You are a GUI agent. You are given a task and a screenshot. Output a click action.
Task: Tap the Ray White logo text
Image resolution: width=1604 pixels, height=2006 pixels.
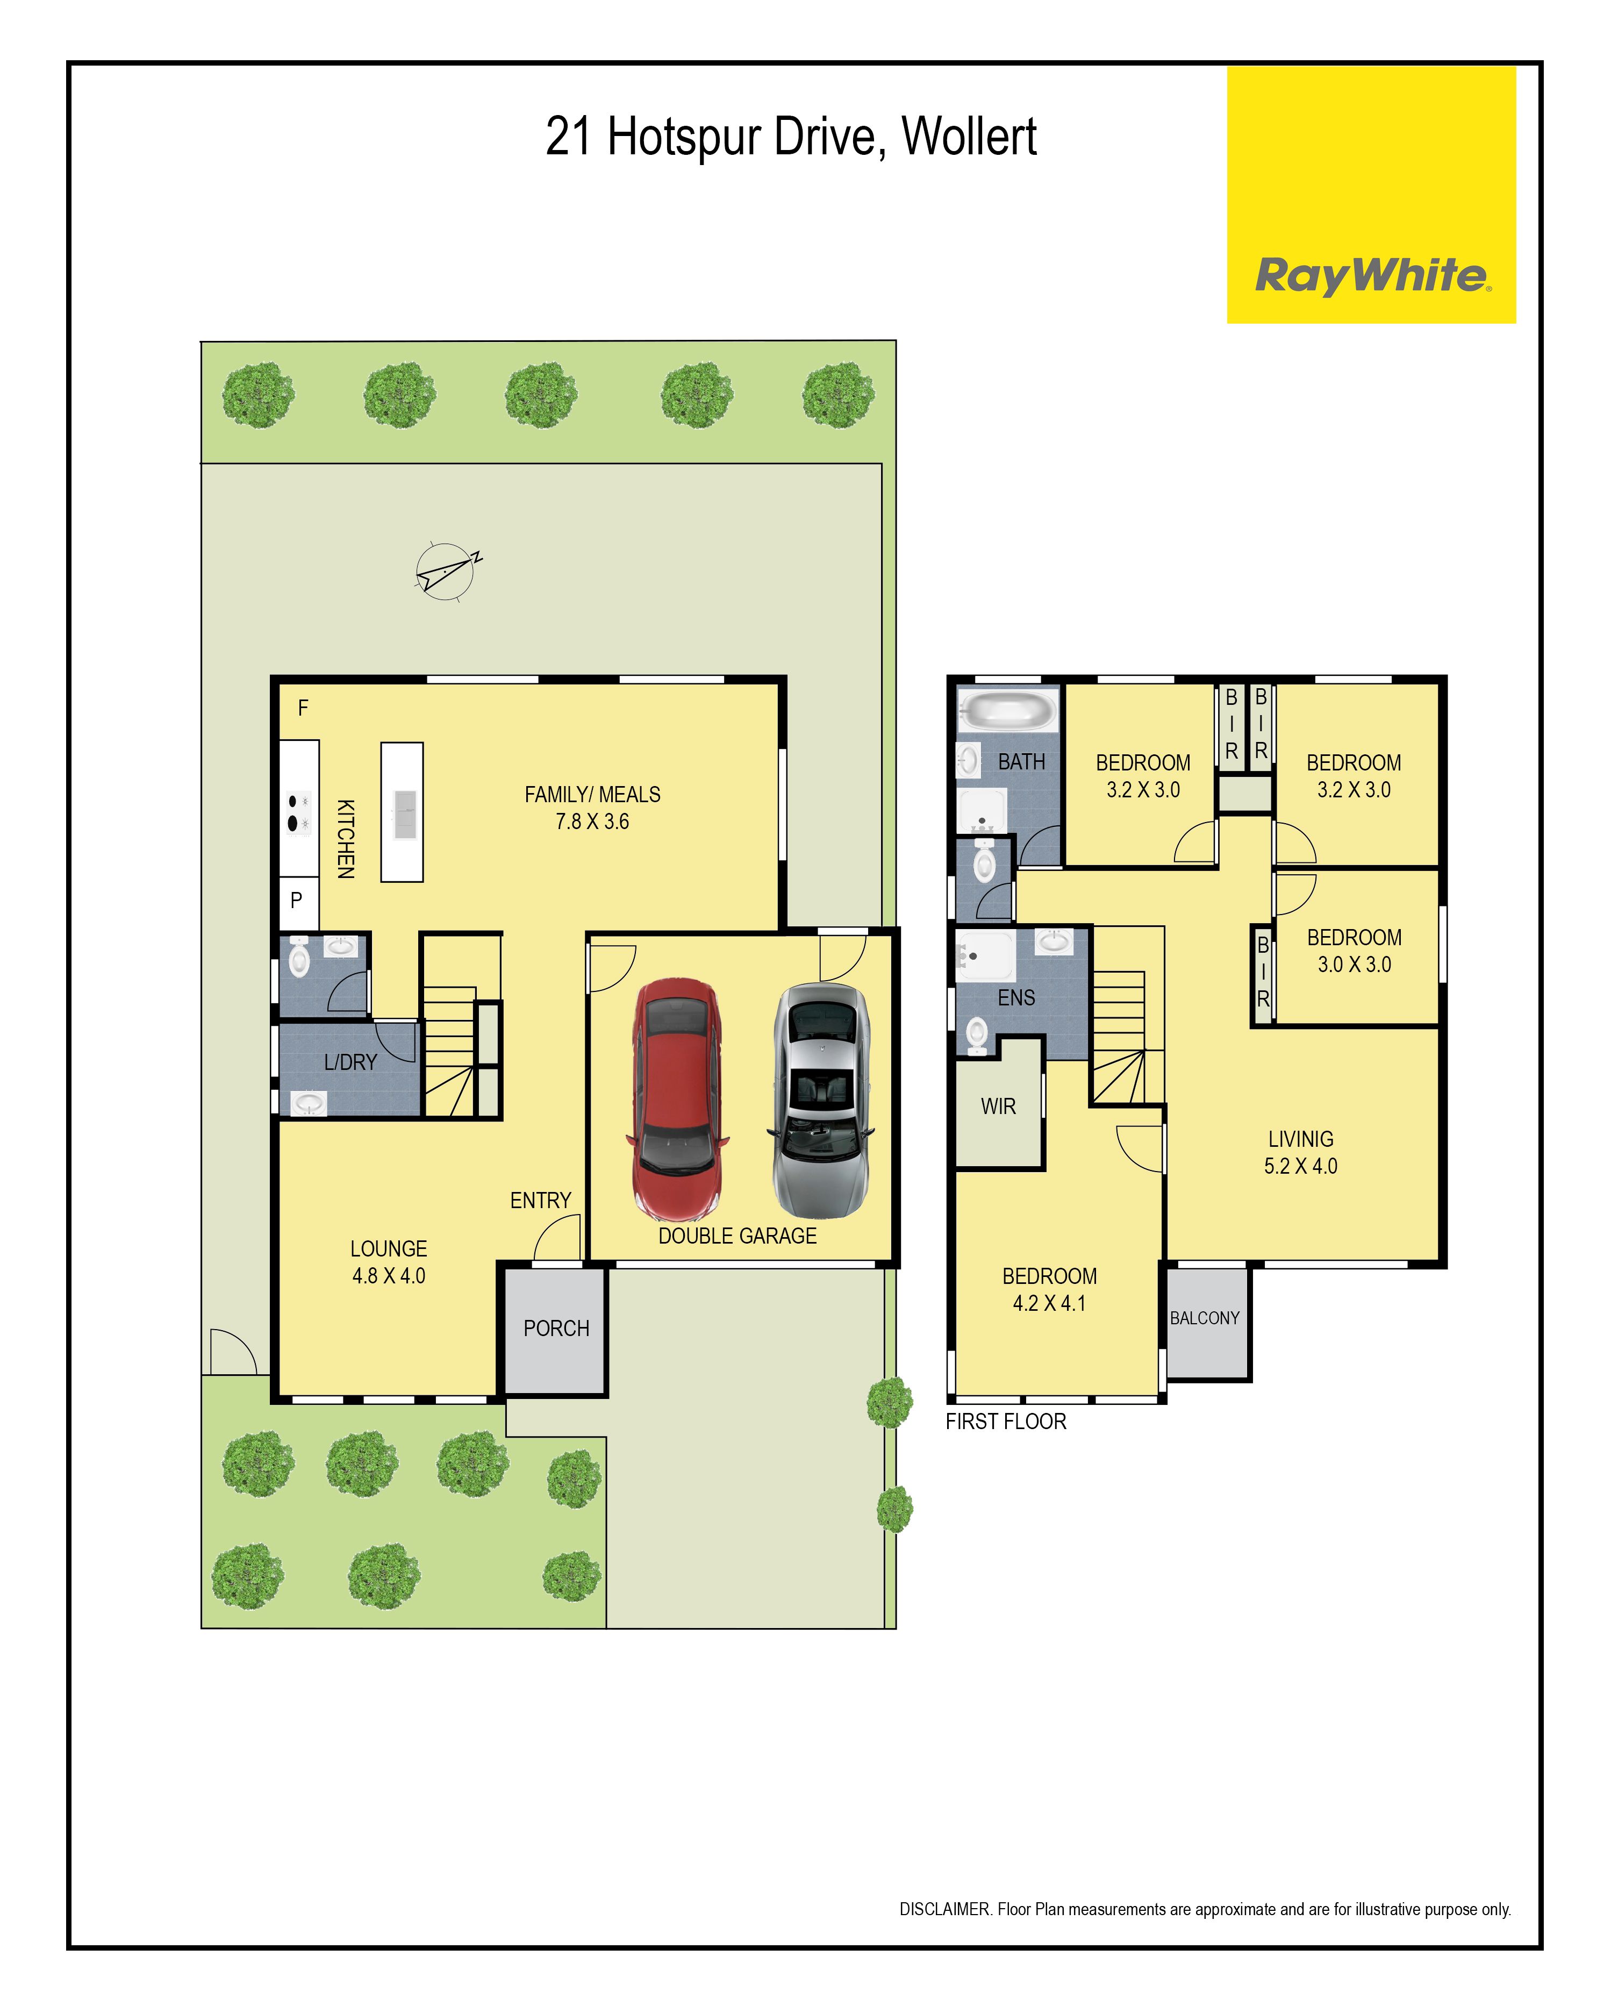tap(1372, 276)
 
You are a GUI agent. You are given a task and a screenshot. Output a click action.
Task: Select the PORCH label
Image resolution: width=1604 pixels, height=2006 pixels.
tap(556, 1327)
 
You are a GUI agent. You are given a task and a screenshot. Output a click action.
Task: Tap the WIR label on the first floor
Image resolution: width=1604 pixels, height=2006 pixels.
tap(998, 1106)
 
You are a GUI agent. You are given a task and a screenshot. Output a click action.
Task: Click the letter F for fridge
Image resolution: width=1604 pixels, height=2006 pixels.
tap(303, 708)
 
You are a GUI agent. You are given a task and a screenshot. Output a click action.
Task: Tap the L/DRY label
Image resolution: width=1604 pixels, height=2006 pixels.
tap(350, 1062)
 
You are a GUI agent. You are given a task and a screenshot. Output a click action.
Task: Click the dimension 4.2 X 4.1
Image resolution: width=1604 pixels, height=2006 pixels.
tap(1049, 1303)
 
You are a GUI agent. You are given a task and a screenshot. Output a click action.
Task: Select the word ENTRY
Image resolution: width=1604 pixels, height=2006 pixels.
tap(541, 1200)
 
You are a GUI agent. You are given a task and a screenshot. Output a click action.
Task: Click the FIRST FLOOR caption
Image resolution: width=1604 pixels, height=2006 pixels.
tap(1006, 1421)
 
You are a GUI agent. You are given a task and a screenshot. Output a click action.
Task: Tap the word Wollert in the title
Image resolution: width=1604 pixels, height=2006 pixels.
tap(970, 136)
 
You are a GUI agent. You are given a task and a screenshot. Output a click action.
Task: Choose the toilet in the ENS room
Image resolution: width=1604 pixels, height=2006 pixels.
tap(977, 1034)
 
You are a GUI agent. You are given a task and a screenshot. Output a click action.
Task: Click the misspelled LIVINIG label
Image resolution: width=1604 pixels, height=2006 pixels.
tap(1301, 1139)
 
